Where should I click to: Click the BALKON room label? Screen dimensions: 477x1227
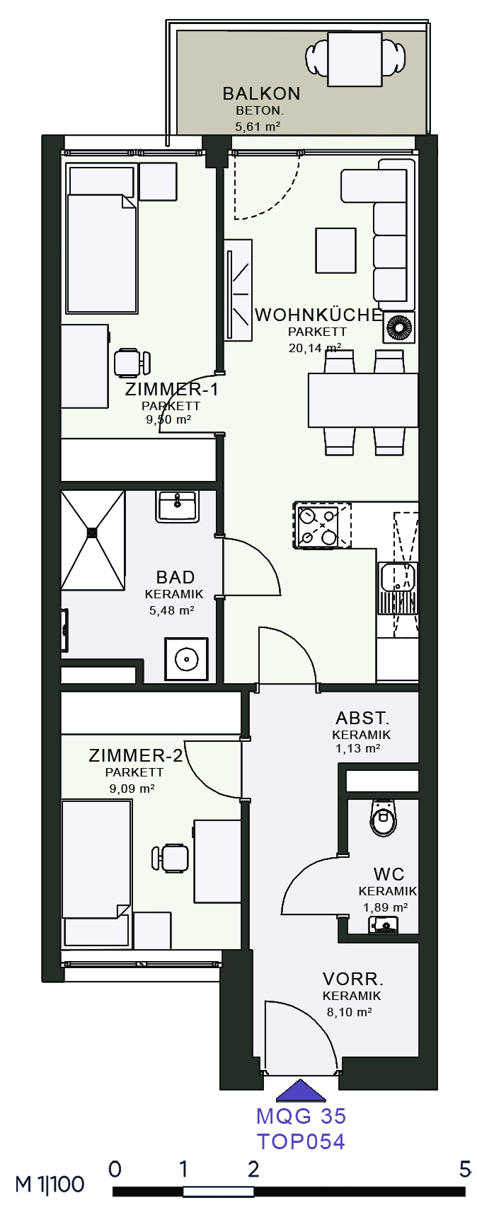coord(261,93)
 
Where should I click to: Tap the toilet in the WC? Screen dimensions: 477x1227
coord(384,818)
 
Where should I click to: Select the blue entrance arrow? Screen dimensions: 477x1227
coord(301,1091)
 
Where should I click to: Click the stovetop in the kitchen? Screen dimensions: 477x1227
coord(323,525)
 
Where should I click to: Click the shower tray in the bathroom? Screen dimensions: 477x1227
coord(93,540)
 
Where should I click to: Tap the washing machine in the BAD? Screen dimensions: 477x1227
coord(186,660)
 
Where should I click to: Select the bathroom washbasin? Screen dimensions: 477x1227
coord(177,506)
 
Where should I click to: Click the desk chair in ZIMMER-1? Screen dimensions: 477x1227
coord(132,362)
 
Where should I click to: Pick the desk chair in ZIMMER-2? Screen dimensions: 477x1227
coord(170,858)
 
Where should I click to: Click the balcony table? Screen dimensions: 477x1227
coord(355,59)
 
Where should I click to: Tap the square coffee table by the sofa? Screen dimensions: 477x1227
coord(335,250)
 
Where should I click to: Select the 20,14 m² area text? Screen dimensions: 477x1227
coord(315,347)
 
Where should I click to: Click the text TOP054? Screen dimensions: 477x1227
coord(301,1141)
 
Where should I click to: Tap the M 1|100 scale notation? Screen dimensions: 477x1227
coord(50,1184)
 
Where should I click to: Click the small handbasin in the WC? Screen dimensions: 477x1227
coord(384,924)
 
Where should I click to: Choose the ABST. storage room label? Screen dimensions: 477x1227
coord(362,719)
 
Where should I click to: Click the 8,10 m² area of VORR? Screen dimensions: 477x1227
coord(349,1012)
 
